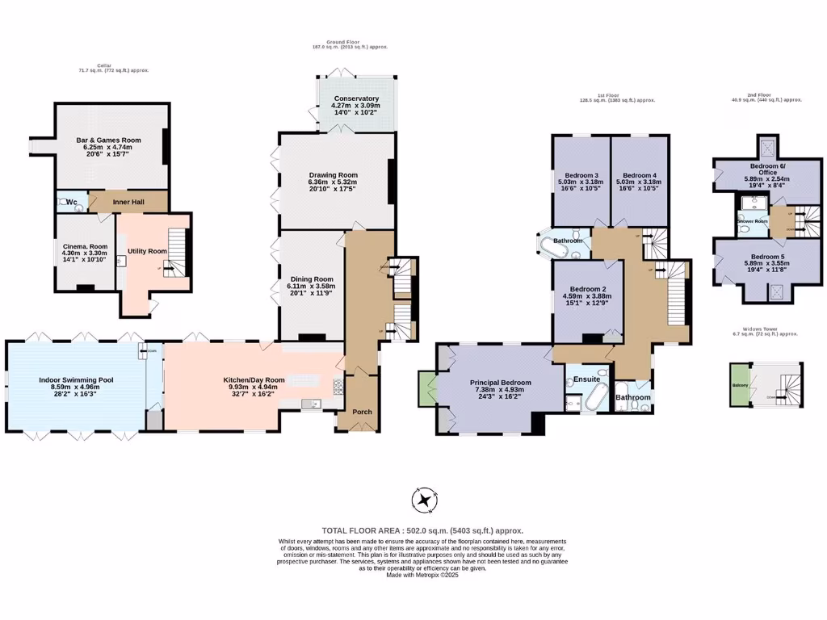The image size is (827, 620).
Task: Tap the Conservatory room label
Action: pyautogui.click(x=356, y=98)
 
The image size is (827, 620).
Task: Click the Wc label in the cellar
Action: pyautogui.click(x=71, y=202)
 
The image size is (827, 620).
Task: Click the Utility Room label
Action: pyautogui.click(x=147, y=251)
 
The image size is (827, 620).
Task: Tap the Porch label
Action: pyautogui.click(x=362, y=412)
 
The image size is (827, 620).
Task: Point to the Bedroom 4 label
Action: pyautogui.click(x=639, y=175)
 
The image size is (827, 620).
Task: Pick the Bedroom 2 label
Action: pyautogui.click(x=588, y=289)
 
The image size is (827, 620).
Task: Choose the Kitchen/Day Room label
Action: pyautogui.click(x=254, y=379)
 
